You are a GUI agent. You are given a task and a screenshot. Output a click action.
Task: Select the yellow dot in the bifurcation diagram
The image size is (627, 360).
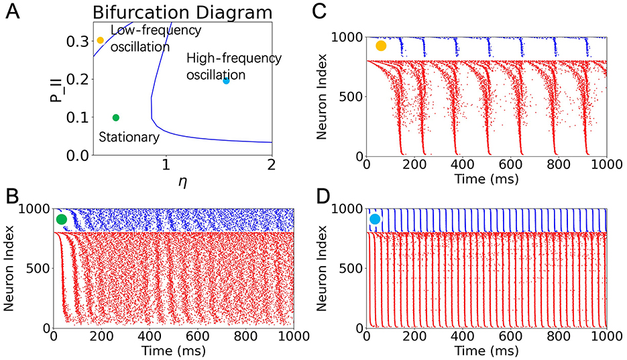(101, 40)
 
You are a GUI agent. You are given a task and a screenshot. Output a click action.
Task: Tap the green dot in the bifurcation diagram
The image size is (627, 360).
(116, 117)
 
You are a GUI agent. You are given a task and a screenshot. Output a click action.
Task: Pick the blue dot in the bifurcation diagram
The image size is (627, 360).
(226, 80)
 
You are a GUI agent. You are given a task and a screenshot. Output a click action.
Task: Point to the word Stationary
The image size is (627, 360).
(129, 137)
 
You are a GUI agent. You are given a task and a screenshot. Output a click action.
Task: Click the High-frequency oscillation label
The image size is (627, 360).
(233, 66)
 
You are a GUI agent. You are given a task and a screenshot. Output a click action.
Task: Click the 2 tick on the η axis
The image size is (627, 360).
(272, 166)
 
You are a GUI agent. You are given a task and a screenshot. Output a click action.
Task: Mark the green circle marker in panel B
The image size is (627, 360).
(62, 219)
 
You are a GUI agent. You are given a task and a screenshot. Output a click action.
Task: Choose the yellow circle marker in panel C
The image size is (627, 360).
(381, 46)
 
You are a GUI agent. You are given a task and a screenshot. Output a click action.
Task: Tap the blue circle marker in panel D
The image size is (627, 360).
(375, 219)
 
